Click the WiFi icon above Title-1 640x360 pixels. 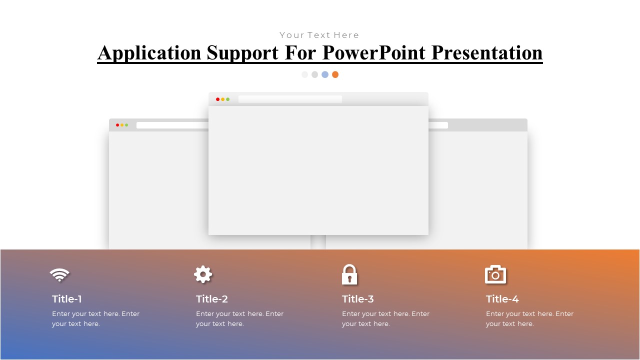pyautogui.click(x=59, y=274)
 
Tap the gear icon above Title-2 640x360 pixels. pyautogui.click(x=203, y=274)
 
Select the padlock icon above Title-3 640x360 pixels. pyautogui.click(x=349, y=274)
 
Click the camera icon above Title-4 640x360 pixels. pyautogui.click(x=495, y=274)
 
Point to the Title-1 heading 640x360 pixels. pyautogui.click(x=67, y=299)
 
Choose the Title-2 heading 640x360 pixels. pyautogui.click(x=212, y=299)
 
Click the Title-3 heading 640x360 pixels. pyautogui.click(x=358, y=299)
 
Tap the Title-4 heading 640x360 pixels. pyautogui.click(x=502, y=299)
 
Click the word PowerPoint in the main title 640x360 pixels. pyautogui.click(x=374, y=52)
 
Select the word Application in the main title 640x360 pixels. pyautogui.click(x=149, y=52)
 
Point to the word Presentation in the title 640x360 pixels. pyautogui.click(x=487, y=52)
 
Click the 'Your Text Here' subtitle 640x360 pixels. pyautogui.click(x=319, y=35)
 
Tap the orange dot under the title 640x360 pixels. pyautogui.click(x=335, y=74)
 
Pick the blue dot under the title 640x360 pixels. pyautogui.click(x=325, y=74)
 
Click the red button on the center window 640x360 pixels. pyautogui.click(x=217, y=99)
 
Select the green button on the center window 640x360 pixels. pyautogui.click(x=227, y=99)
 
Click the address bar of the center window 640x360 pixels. pyautogui.click(x=290, y=99)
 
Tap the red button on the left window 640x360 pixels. pyautogui.click(x=117, y=125)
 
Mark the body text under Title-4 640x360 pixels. pyautogui.click(x=529, y=319)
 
